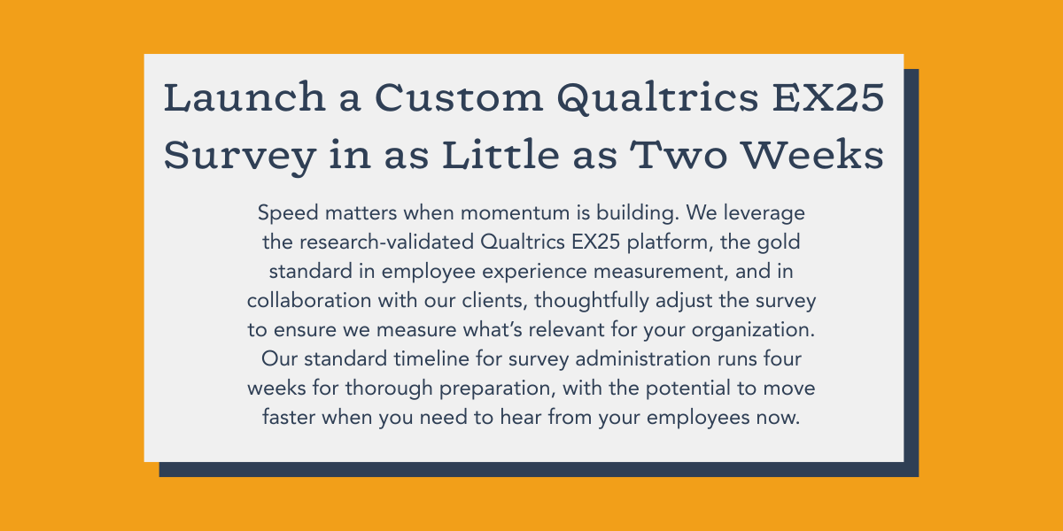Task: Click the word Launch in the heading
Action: click(244, 97)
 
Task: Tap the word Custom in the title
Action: click(459, 97)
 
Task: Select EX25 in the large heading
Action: click(828, 97)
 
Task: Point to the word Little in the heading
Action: click(500, 155)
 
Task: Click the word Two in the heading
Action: click(679, 155)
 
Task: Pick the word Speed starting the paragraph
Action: click(288, 213)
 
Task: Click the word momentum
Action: click(515, 213)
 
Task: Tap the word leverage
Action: click(764, 213)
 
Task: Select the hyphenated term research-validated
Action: click(386, 242)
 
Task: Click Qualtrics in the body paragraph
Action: click(522, 242)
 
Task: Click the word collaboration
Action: click(309, 301)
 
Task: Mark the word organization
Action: click(753, 330)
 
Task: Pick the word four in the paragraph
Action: click(782, 359)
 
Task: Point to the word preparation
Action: click(497, 389)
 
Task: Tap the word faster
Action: click(289, 418)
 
